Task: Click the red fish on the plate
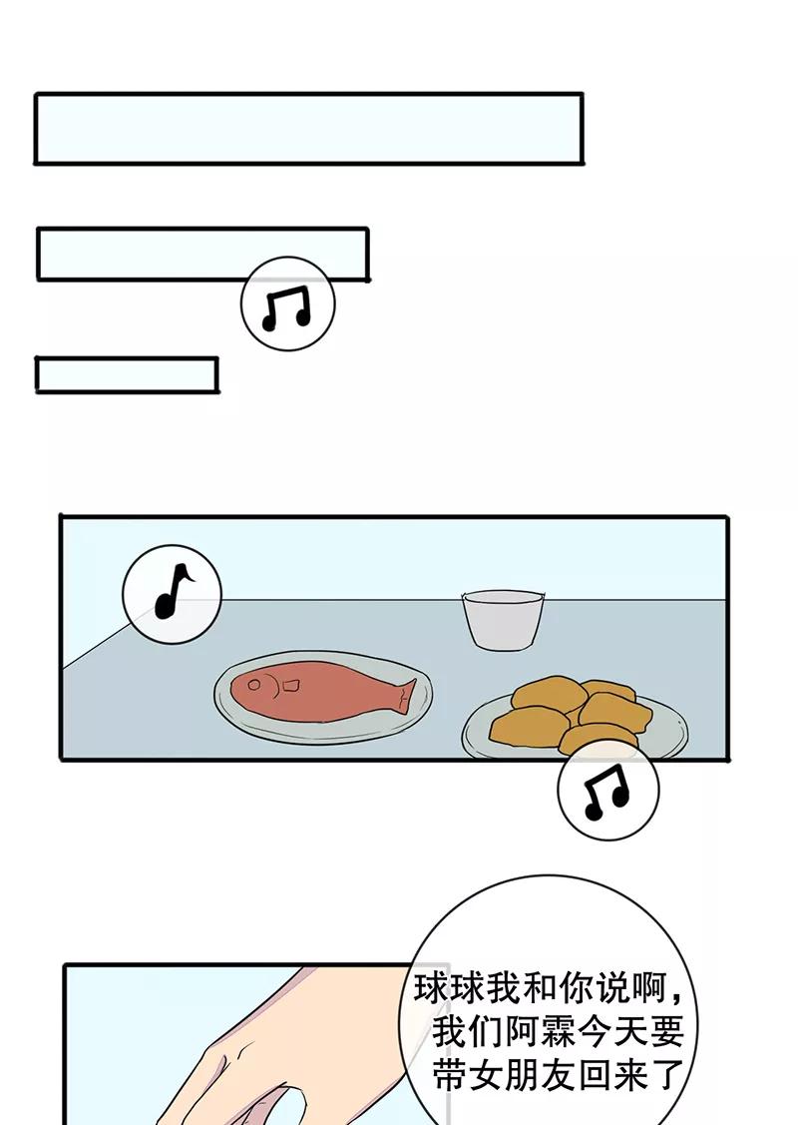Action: [x=322, y=693]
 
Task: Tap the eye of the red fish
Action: [x=253, y=685]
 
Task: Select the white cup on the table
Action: [x=503, y=619]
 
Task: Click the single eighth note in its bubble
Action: [x=173, y=591]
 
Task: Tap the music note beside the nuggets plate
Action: [x=606, y=791]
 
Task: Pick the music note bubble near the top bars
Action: [x=287, y=304]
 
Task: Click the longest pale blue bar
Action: [x=308, y=129]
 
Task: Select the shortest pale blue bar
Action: [x=127, y=375]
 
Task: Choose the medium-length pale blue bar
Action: [x=202, y=254]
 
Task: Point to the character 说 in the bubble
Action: [x=610, y=988]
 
